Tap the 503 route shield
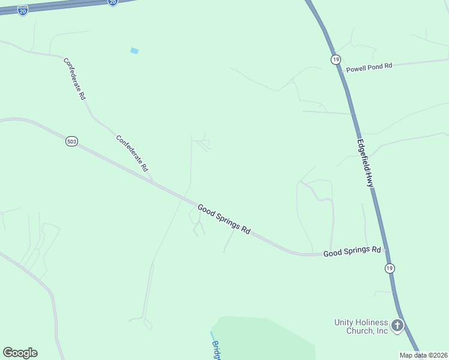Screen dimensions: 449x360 pos(71,142)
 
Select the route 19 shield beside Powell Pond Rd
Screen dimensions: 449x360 pos(335,59)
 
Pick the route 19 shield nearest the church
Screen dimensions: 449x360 pos(390,268)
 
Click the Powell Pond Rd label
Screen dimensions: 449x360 pos(369,67)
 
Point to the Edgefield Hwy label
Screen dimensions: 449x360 pos(366,163)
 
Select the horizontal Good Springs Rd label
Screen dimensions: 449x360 pos(352,251)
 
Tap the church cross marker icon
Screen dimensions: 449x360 pos(397,326)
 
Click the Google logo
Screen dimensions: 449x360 pos(20,352)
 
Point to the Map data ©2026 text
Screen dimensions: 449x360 pos(424,355)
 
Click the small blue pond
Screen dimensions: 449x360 pos(134,51)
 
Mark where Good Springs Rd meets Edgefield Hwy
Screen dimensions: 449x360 pos(386,252)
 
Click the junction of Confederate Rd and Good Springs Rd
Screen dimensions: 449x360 pos(154,181)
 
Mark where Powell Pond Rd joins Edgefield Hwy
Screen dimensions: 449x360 pos(340,72)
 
